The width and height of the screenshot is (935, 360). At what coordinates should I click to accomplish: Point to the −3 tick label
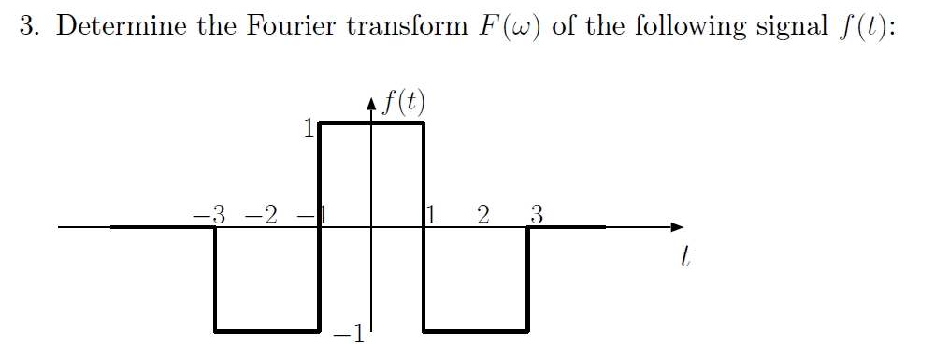210,214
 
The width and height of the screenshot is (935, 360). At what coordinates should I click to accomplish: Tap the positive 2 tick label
482,214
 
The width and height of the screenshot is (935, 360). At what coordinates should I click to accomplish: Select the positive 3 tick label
536,214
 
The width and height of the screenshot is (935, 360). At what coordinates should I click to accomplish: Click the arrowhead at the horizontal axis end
677,227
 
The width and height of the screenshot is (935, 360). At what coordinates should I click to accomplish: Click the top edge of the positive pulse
372,122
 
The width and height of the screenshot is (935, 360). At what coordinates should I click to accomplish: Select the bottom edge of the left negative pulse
267,331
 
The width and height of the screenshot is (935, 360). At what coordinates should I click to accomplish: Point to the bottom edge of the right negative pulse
476,331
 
